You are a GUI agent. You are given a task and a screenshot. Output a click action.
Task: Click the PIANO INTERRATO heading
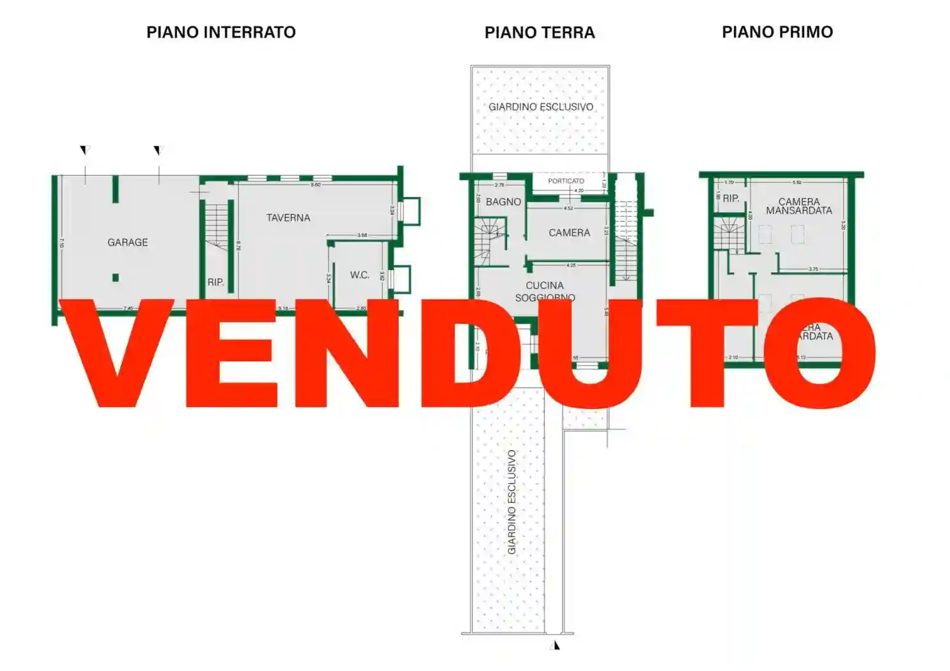pos(221,32)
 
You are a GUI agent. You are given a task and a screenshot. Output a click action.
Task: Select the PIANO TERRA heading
pos(540,33)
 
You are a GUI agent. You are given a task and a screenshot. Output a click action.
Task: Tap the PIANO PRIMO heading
pos(777,32)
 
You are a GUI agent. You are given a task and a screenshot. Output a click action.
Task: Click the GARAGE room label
pos(127,242)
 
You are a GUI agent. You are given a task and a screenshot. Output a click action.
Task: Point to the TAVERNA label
pos(288,218)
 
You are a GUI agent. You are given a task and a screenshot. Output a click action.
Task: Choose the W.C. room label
pos(359,275)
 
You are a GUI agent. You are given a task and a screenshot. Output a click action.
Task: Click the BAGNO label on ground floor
pos(503,201)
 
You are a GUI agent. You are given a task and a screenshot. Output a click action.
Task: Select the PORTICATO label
pos(566,181)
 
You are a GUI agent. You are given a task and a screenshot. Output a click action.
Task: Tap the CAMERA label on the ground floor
pos(569,233)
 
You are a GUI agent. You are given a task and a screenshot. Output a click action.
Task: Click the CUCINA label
pos(545,285)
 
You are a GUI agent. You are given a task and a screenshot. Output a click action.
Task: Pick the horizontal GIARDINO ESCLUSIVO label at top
pos(541,107)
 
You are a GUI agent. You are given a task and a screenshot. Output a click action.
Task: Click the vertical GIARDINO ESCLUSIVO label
pos(511,502)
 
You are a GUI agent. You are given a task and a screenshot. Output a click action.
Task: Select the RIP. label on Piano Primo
pos(731,198)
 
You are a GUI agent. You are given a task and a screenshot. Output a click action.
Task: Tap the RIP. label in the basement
pos(215,282)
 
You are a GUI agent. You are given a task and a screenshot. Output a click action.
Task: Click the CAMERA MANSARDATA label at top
pos(798,206)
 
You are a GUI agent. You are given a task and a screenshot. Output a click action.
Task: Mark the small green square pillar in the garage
pos(116,277)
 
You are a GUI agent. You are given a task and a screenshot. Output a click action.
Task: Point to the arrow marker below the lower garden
pos(556,645)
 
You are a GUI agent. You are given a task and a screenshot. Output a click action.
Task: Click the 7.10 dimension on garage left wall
pos(62,243)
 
